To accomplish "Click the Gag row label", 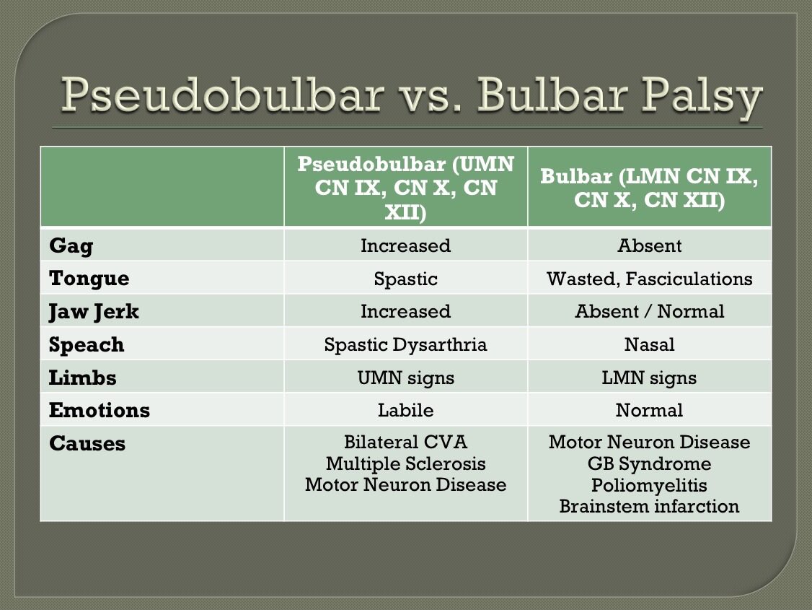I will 71,245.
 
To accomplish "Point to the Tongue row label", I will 89,279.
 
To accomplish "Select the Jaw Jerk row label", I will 94,312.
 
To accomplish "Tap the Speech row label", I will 87,345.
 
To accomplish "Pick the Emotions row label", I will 100,411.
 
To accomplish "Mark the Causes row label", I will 87,444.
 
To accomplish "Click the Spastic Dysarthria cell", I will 405,345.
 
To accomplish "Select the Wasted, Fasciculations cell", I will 649,279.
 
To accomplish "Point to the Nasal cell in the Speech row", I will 649,345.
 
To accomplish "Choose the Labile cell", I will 405,411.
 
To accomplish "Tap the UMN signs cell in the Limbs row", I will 405,378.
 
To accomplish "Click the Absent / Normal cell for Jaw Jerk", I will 649,312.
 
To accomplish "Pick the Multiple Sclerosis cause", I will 405,463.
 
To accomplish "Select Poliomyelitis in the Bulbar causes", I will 649,485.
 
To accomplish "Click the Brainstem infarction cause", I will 649,506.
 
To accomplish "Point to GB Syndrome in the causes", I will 649,463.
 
